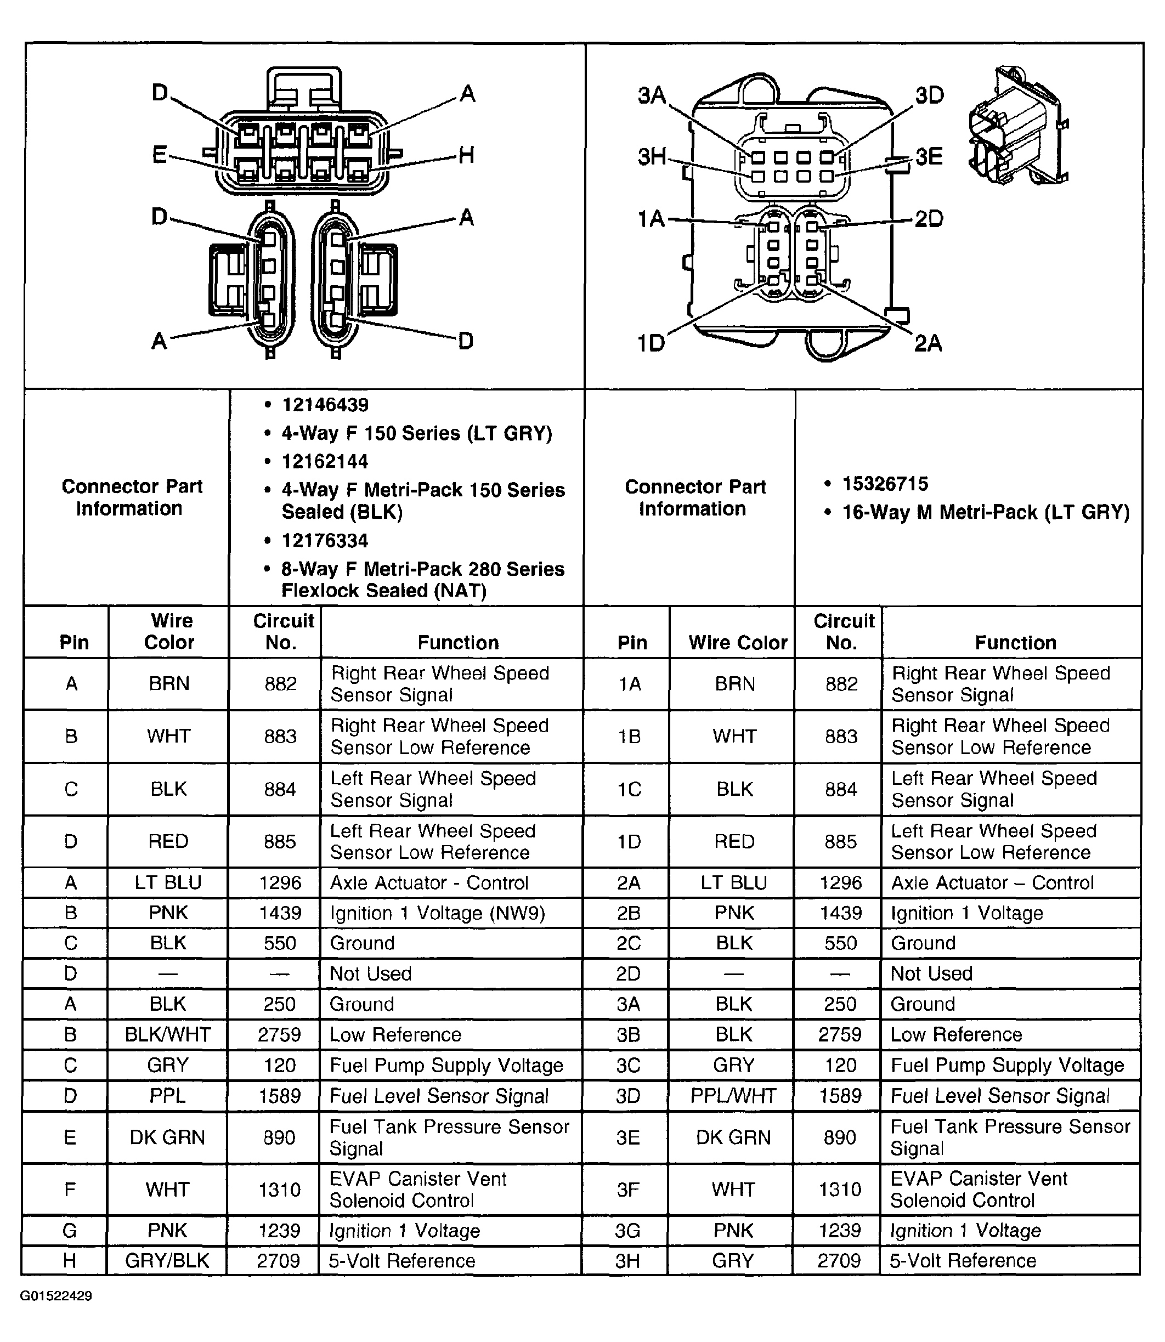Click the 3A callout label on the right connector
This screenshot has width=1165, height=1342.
(652, 95)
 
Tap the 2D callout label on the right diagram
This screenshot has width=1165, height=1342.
(929, 219)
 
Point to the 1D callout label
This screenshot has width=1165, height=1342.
(651, 342)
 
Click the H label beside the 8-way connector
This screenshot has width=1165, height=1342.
(466, 155)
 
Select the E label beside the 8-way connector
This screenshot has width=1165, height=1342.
(159, 155)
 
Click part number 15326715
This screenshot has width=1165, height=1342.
(885, 484)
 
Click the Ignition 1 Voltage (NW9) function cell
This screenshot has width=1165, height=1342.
(437, 913)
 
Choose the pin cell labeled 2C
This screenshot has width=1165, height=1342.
(628, 943)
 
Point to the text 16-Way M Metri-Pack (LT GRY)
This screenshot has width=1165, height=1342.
(985, 512)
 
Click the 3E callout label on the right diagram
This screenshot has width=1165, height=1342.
(929, 157)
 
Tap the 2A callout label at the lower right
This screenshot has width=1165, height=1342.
(928, 342)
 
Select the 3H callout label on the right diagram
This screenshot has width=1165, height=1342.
(652, 157)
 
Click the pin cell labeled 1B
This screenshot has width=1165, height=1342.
(629, 737)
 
